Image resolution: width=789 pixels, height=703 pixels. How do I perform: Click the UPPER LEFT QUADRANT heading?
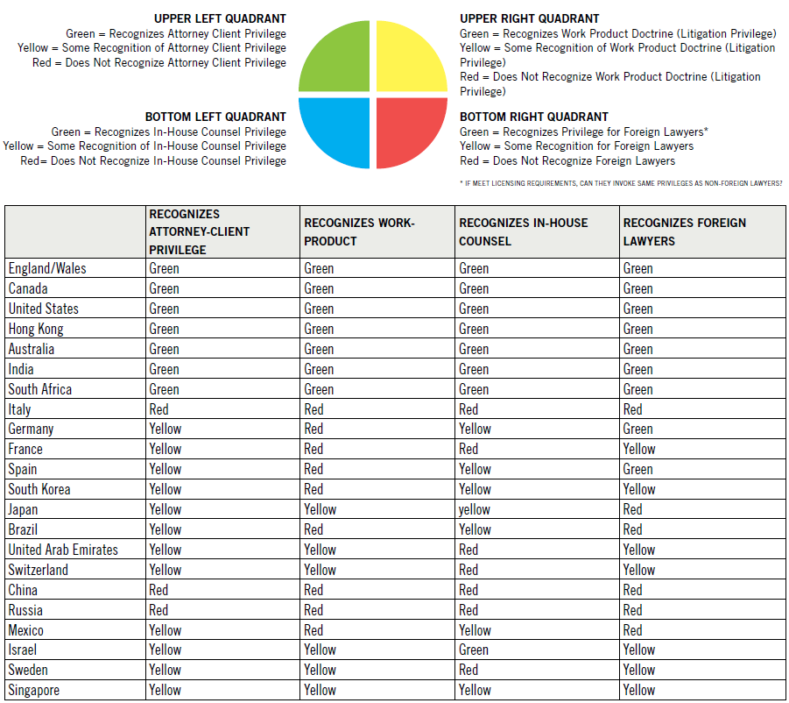point(220,18)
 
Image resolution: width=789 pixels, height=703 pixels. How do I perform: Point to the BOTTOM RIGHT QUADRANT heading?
point(534,117)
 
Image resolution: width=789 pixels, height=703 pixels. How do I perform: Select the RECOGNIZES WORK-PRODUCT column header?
point(359,231)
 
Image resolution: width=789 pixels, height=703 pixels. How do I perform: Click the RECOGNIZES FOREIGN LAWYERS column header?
point(685,231)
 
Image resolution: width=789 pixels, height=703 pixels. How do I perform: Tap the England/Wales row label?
point(47,268)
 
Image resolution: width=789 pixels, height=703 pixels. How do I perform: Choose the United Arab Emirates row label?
point(63,550)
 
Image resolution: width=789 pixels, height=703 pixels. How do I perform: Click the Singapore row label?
point(36,690)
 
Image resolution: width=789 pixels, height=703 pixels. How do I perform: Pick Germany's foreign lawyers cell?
point(638,429)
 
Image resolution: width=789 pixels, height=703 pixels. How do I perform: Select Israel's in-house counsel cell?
point(474,650)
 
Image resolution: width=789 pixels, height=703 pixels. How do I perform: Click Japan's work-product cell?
point(320,509)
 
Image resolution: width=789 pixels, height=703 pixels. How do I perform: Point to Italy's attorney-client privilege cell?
point(159,409)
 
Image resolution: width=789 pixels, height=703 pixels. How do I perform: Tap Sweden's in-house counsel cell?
point(468,670)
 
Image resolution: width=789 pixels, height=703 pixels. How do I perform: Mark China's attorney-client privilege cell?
point(159,590)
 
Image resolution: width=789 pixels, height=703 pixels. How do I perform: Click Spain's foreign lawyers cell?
point(638,469)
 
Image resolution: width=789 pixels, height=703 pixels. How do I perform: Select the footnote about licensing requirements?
point(620,183)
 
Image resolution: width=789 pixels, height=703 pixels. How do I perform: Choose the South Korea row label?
point(39,489)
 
